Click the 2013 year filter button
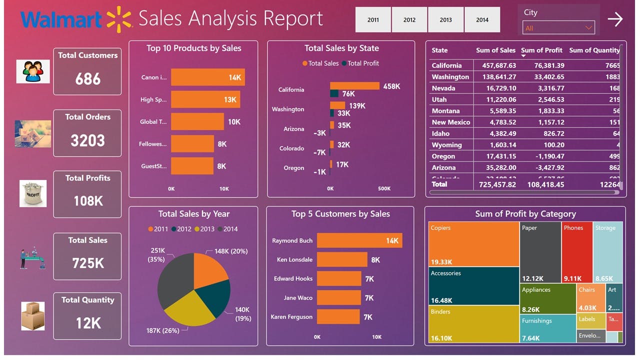pos(445,19)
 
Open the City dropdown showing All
pos(558,28)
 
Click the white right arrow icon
pos(615,19)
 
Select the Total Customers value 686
pos(88,79)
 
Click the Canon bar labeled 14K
pos(207,77)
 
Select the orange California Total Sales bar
pos(354,86)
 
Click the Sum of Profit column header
pos(541,50)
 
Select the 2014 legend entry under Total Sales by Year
pos(227,229)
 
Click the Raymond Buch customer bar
pos(359,240)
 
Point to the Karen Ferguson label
pos(291,317)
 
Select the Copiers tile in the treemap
pos(473,243)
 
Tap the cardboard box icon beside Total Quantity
pos(33,316)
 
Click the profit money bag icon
pos(33,194)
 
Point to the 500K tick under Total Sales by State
pos(384,188)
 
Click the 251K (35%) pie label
pos(157,255)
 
